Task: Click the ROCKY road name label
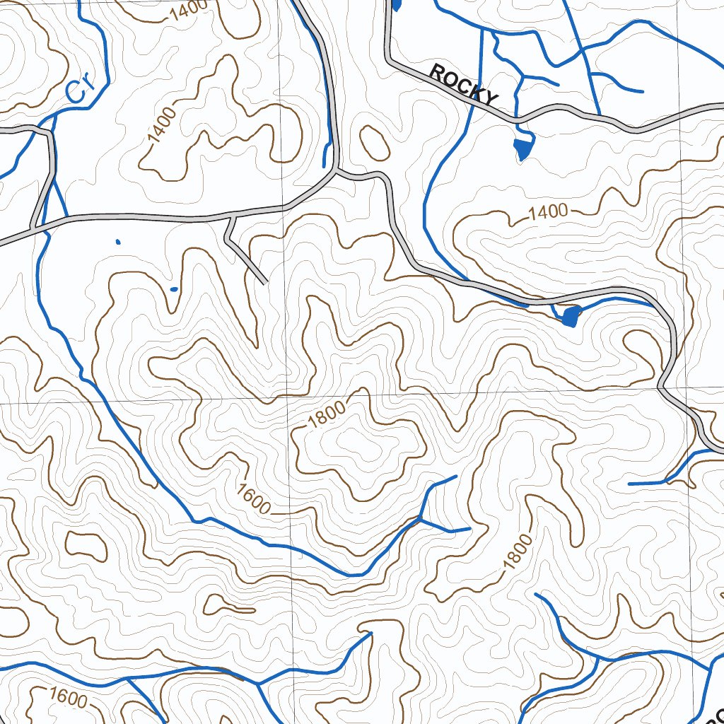[464, 85]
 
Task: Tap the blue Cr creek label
[81, 89]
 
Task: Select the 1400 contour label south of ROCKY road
[549, 211]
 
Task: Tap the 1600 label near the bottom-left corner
[69, 699]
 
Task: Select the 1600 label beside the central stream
[254, 499]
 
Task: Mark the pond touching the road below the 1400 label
[570, 315]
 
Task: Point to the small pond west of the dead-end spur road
[174, 288]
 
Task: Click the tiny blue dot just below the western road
[117, 242]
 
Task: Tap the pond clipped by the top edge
[396, 4]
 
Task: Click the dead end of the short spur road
[265, 283]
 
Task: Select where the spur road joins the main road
[232, 216]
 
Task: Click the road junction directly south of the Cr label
[52, 132]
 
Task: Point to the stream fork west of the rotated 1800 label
[421, 519]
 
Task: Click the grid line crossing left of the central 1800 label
[288, 403]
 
